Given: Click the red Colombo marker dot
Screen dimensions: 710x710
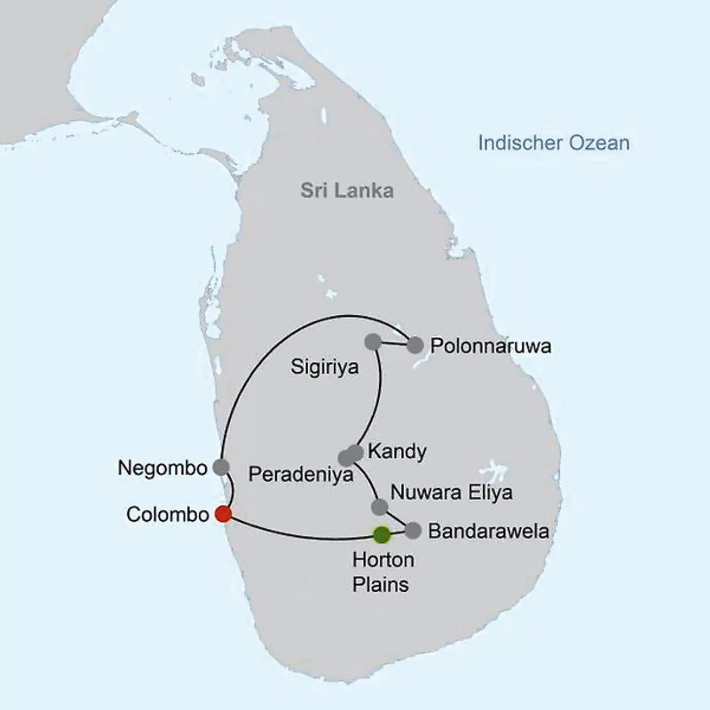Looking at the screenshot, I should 223,514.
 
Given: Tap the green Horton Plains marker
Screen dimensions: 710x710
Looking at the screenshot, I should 382,534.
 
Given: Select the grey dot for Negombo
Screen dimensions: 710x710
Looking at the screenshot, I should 221,466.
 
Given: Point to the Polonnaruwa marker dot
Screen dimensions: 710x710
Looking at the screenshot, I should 415,345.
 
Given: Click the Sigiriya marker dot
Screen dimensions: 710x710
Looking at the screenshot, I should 373,341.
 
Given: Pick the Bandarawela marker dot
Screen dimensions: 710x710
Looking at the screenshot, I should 413,531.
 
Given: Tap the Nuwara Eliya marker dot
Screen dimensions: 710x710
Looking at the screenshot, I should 379,507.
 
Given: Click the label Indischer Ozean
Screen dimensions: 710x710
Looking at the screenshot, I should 553,143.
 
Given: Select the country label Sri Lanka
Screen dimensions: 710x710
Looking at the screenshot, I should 347,191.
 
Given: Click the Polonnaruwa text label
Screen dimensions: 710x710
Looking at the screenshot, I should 491,346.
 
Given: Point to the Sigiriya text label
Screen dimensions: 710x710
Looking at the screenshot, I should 324,367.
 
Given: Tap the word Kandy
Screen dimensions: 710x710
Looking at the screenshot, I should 397,452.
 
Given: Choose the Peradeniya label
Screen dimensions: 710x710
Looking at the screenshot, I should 301,474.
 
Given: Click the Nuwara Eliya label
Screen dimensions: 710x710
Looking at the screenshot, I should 451,492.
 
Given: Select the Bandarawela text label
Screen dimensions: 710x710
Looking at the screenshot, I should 489,531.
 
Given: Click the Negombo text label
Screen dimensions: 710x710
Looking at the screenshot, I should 162,468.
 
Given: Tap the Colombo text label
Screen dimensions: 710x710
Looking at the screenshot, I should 168,515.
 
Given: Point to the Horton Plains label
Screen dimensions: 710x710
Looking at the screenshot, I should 382,572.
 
